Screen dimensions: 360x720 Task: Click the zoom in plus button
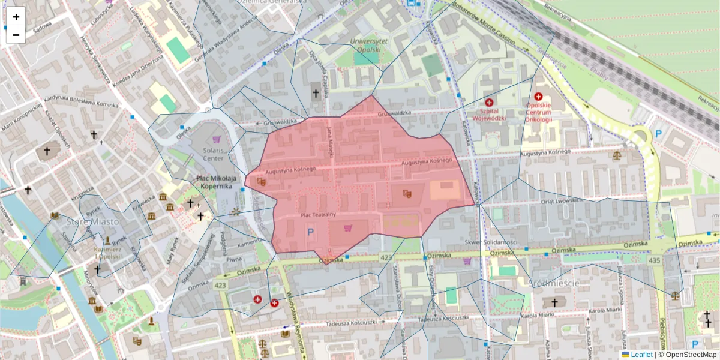point(16,17)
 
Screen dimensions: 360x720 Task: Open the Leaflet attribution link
point(641,355)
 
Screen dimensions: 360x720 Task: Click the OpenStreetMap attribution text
point(690,355)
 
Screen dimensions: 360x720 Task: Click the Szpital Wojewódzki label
point(489,114)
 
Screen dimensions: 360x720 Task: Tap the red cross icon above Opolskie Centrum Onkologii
point(538,96)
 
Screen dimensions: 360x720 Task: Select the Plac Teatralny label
point(317,215)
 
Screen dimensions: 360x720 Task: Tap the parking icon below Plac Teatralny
point(310,231)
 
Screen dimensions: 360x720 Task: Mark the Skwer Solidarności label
point(490,241)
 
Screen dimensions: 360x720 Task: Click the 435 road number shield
point(654,260)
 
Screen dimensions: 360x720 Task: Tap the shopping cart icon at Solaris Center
point(217,139)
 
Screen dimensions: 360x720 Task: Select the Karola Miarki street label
point(604,310)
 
